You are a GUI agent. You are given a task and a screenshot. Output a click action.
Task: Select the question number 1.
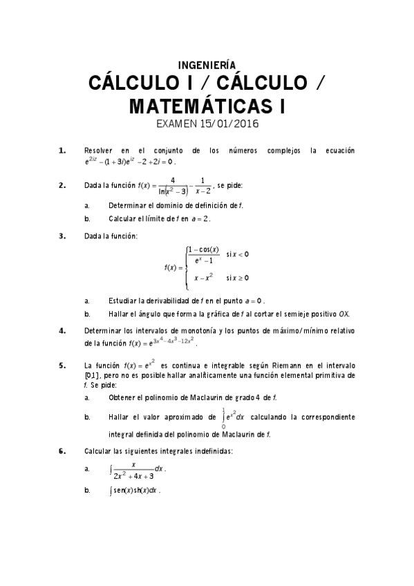[x=62, y=150]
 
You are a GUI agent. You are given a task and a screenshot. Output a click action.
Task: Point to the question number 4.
[x=62, y=330]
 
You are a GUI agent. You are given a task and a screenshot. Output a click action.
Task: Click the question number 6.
[x=62, y=451]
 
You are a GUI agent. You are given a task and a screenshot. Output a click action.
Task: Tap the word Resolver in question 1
[x=97, y=150]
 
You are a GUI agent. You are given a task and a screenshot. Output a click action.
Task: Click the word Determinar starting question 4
[x=102, y=330]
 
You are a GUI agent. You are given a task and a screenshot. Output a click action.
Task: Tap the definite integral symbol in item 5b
[x=223, y=417]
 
